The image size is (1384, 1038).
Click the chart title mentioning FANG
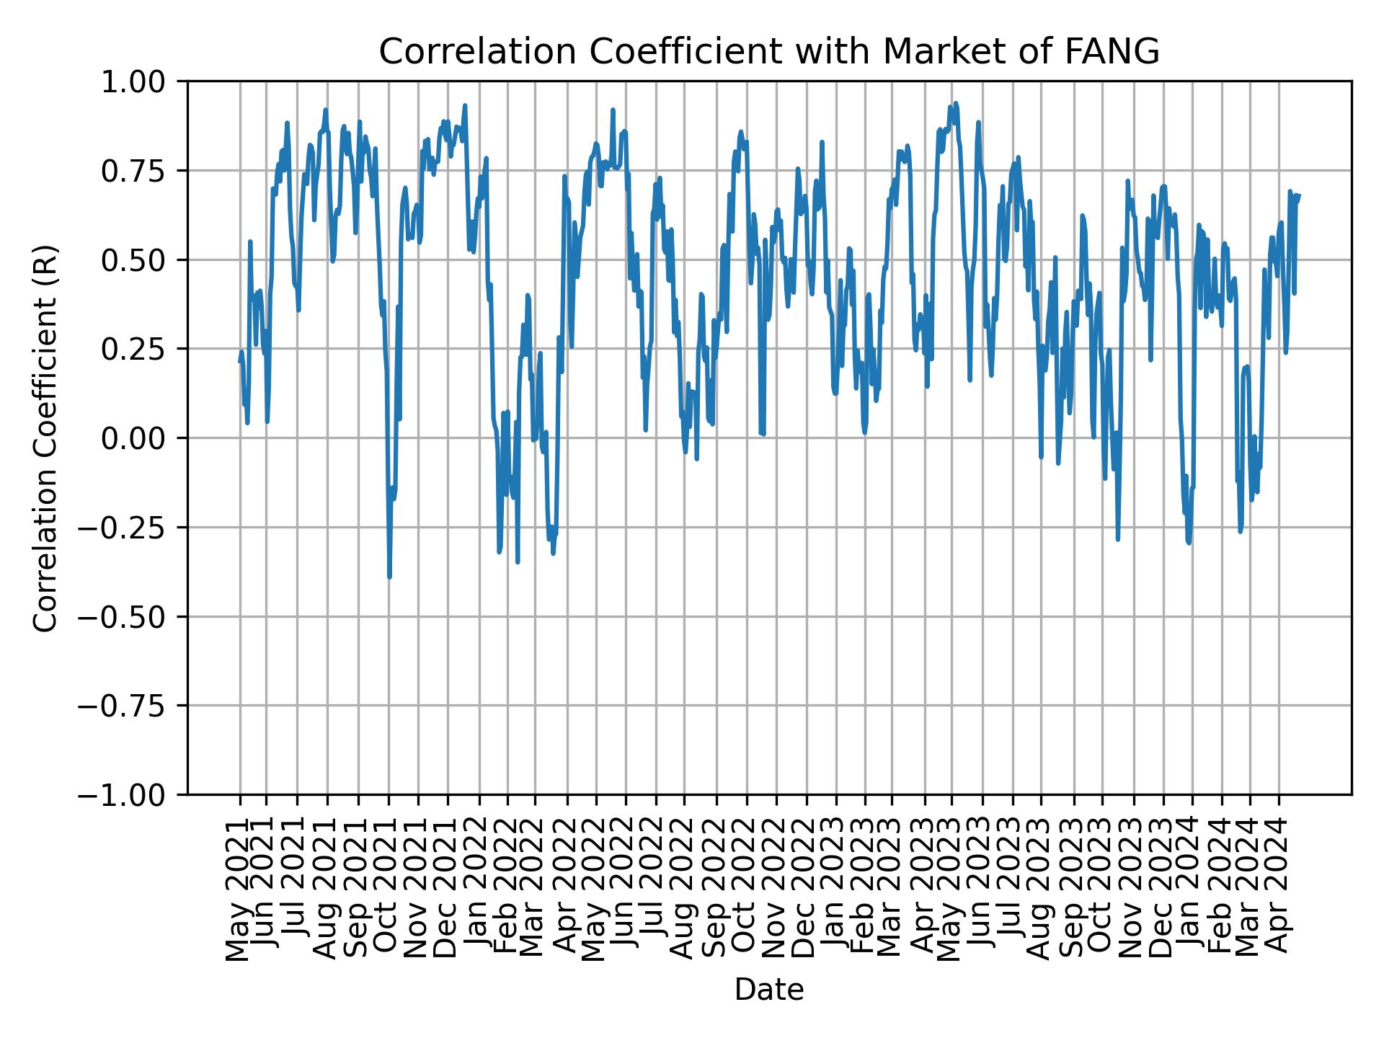768,52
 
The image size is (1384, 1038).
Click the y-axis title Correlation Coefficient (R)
45,438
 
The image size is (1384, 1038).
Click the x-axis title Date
768,990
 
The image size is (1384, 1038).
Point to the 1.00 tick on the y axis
142,81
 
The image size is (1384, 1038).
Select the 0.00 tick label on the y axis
142,438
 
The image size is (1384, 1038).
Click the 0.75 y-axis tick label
142,171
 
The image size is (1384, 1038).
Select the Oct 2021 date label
389,890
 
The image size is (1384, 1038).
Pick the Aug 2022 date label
684,890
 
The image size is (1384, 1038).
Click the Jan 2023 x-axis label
835,891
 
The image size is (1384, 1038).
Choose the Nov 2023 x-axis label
1133,890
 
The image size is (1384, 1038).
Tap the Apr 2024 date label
1279,891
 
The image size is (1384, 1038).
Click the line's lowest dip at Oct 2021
389,577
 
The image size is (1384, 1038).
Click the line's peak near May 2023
955,103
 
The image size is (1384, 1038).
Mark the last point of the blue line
1298,195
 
